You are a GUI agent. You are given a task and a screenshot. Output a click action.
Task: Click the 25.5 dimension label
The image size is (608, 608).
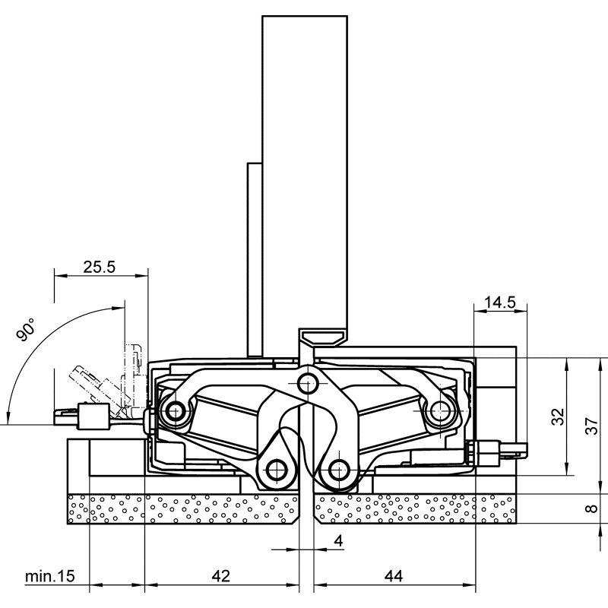click(x=99, y=267)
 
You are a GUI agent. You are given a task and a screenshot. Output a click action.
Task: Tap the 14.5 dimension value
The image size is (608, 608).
click(x=500, y=302)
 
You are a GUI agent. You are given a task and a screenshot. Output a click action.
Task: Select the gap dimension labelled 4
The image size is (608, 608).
click(x=338, y=540)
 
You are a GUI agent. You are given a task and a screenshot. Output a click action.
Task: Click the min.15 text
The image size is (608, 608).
click(x=49, y=577)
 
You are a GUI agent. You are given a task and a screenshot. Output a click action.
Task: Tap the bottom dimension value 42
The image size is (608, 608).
click(x=220, y=577)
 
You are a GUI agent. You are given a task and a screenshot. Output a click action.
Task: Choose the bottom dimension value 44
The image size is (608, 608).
click(x=393, y=577)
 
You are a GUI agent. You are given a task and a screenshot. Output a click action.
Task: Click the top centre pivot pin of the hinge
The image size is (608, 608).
click(x=307, y=382)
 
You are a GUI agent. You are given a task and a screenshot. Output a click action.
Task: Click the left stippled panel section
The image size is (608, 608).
click(x=182, y=508)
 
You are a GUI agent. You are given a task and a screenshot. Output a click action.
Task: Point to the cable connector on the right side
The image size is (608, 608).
click(x=498, y=448)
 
